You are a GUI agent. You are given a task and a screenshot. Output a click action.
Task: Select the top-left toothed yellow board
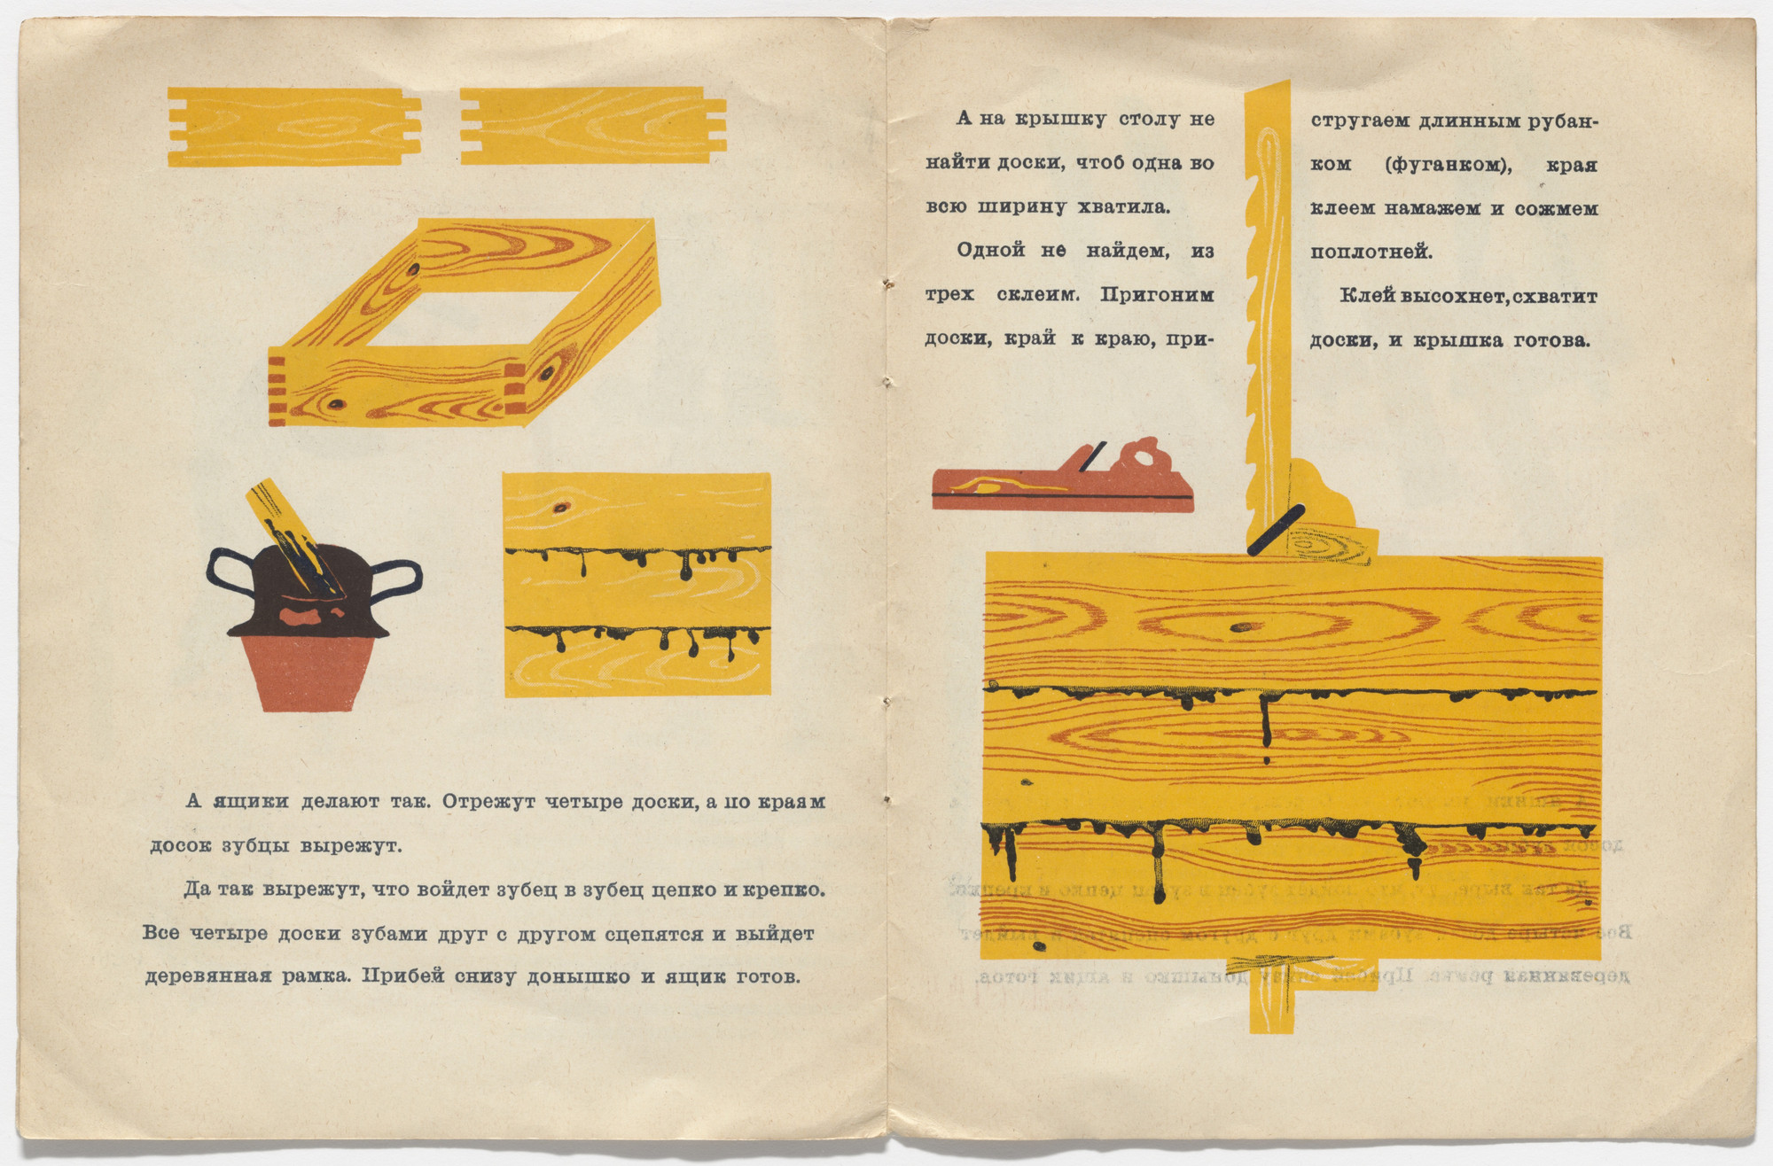(x=293, y=127)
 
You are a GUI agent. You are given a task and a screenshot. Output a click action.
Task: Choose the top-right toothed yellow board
(x=593, y=125)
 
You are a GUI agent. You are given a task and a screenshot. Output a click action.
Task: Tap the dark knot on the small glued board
(x=559, y=508)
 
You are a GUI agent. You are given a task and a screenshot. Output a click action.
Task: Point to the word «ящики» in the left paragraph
(x=251, y=803)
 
